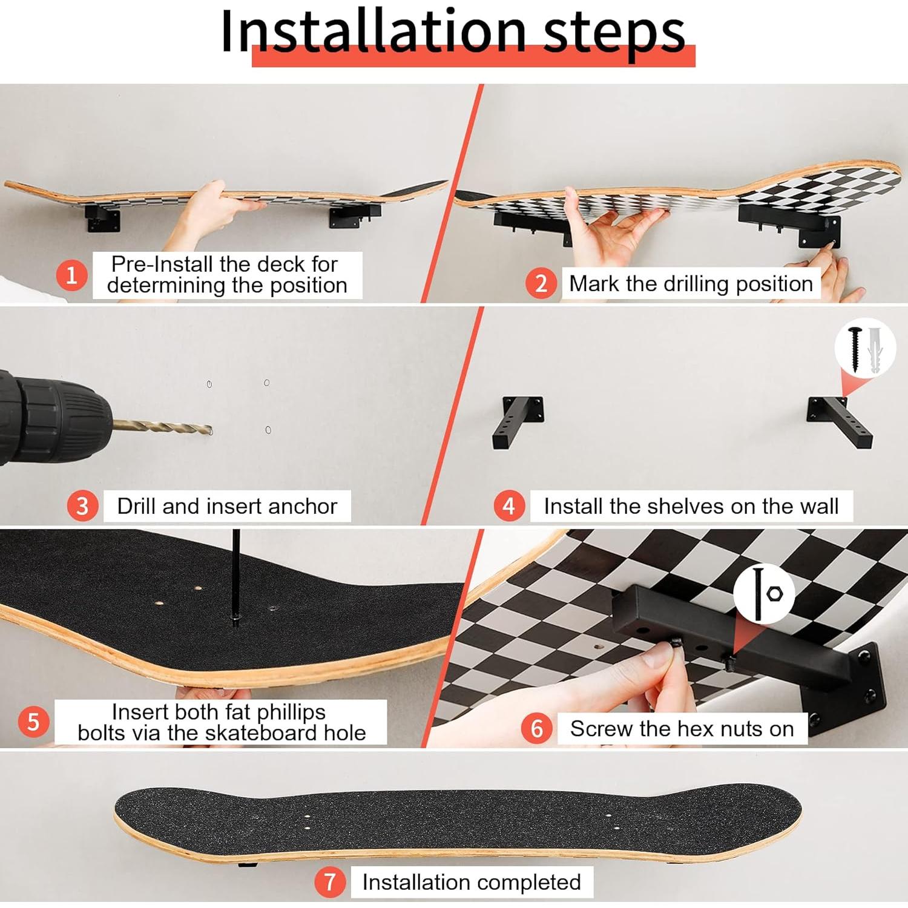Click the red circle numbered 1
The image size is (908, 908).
[x=71, y=275]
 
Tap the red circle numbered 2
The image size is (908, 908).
[x=541, y=283]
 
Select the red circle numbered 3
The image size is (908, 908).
[x=82, y=505]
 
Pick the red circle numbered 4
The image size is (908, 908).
[x=508, y=505]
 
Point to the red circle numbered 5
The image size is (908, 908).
[x=33, y=722]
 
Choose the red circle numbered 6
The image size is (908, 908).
[x=536, y=728]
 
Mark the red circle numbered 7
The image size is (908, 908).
[x=329, y=882]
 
